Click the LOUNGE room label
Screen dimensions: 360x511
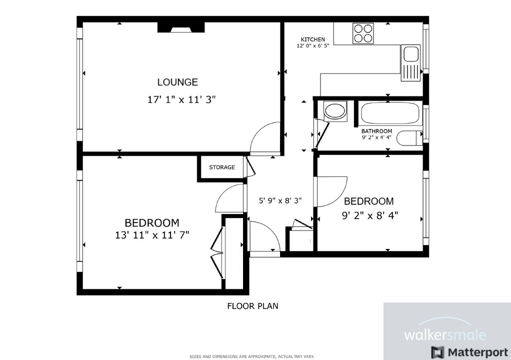pyautogui.click(x=177, y=82)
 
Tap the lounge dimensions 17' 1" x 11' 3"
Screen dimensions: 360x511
pyautogui.click(x=181, y=99)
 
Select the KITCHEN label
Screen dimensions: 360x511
pyautogui.click(x=312, y=39)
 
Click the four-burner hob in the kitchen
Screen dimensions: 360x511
pyautogui.click(x=363, y=33)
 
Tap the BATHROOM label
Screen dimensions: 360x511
pyautogui.click(x=376, y=131)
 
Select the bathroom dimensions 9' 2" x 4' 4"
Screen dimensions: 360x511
pyautogui.click(x=376, y=137)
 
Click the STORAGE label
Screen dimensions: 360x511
pyautogui.click(x=221, y=167)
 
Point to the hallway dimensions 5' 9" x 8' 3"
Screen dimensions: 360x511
pyautogui.click(x=279, y=201)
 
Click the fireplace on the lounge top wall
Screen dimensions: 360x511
pyautogui.click(x=180, y=27)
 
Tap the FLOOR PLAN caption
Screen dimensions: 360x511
pyautogui.click(x=252, y=306)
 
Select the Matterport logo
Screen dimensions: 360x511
pyautogui.click(x=469, y=351)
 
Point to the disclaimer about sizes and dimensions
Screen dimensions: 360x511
pyautogui.click(x=251, y=356)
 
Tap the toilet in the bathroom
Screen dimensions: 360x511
pyautogui.click(x=410, y=138)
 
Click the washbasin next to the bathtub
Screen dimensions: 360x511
pyautogui.click(x=334, y=110)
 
